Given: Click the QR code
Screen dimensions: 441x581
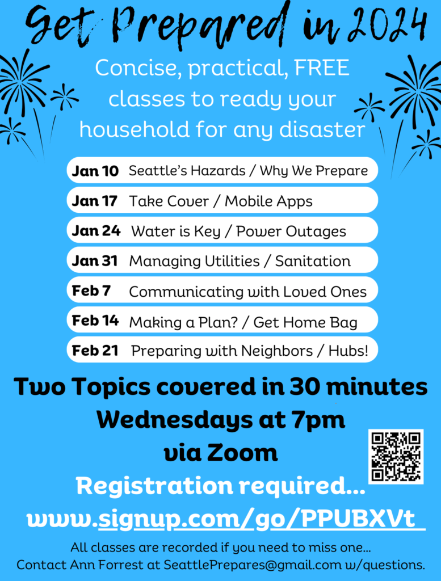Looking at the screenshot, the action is click(x=396, y=457).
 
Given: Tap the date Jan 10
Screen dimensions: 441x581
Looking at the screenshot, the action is click(x=95, y=171).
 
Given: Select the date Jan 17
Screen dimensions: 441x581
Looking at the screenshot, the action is click(x=94, y=201).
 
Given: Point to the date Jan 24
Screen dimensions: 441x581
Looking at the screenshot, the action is click(x=96, y=231).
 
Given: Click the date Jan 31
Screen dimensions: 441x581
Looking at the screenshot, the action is click(x=95, y=261).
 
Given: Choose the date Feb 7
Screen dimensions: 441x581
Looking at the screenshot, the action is click(x=91, y=291).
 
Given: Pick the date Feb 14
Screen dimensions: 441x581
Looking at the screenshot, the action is click(x=95, y=321).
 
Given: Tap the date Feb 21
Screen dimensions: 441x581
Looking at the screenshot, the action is click(x=95, y=351).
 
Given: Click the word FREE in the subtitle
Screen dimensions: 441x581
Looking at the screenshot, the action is click(x=322, y=68).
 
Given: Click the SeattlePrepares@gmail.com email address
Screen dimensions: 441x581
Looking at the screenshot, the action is click(x=253, y=565).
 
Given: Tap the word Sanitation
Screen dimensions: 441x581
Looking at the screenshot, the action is click(x=313, y=261).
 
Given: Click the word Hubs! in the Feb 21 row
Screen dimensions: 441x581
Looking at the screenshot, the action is click(x=348, y=351).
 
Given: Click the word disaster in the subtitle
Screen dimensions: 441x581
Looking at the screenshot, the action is click(x=322, y=130).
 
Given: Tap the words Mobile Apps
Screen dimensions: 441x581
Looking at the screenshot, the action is click(x=268, y=201).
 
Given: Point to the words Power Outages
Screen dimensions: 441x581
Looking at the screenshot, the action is click(x=291, y=231).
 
